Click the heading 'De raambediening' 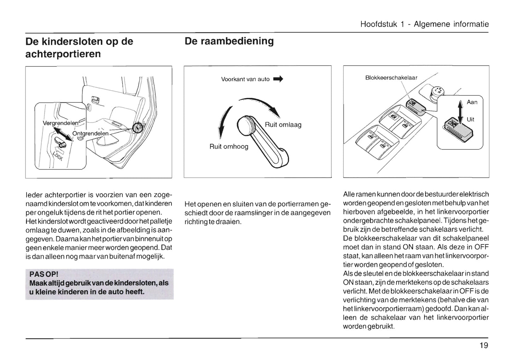click(x=229, y=41)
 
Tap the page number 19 click(x=484, y=346)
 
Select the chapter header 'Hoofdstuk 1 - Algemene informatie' click(x=424, y=24)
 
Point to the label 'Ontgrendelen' click(x=90, y=134)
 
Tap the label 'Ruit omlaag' click(x=283, y=125)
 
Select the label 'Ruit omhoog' click(x=229, y=146)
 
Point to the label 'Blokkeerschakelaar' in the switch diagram click(x=391, y=78)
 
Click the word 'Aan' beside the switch click(x=472, y=102)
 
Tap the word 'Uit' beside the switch click(x=470, y=119)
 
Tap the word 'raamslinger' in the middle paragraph click(x=275, y=213)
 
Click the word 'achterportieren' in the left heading click(x=63, y=54)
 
